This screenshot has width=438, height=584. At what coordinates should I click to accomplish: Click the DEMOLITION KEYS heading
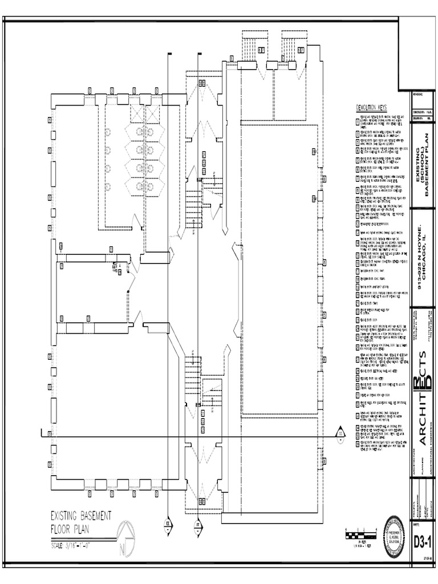click(x=371, y=108)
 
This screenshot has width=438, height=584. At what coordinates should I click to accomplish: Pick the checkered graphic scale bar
click(x=360, y=535)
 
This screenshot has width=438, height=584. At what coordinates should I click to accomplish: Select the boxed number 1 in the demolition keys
click(x=357, y=118)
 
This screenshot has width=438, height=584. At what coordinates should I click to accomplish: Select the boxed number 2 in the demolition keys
click(x=357, y=126)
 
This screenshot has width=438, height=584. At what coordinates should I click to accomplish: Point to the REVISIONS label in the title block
click(x=420, y=95)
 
